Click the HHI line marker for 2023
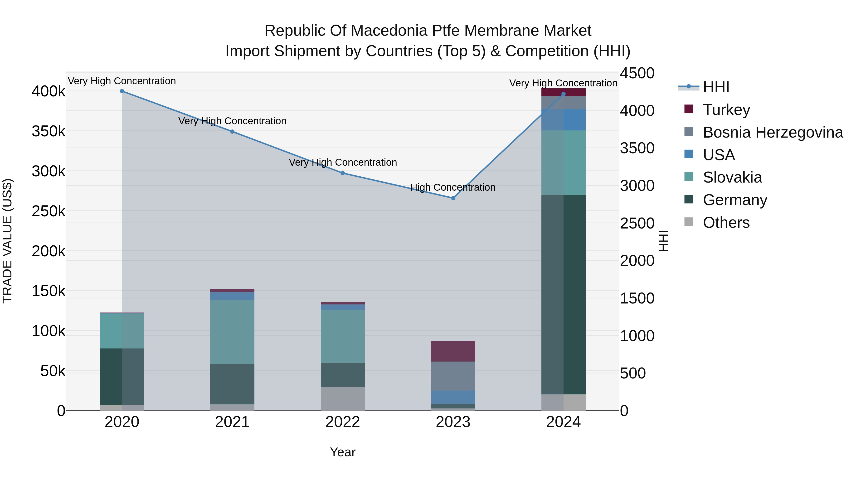coord(453,198)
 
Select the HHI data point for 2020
coord(122,91)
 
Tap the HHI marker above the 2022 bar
coord(343,173)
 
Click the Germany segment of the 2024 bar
coord(563,294)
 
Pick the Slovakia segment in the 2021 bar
coord(232,332)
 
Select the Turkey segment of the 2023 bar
coord(453,351)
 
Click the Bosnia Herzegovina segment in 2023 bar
coord(453,376)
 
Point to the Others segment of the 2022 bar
coord(343,398)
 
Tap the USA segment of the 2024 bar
coord(563,120)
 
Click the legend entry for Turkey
coord(726,110)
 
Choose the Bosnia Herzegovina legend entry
coord(773,132)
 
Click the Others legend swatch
coord(689,222)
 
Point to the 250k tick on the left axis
coord(49,211)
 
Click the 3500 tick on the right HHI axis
coord(637,148)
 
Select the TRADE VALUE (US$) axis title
coord(7,241)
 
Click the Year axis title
coord(343,452)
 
